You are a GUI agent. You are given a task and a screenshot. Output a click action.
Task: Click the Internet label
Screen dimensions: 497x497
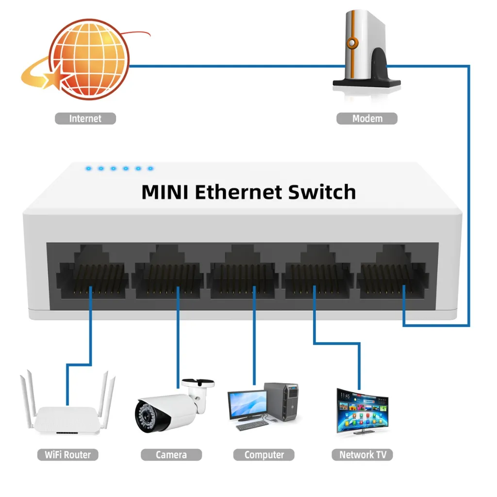[x=85, y=118]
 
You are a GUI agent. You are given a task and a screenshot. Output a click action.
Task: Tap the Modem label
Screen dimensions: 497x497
[x=367, y=118]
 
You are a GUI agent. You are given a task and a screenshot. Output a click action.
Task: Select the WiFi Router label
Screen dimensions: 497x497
[x=68, y=455]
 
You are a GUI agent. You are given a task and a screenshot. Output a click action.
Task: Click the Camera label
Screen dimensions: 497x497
[x=171, y=455]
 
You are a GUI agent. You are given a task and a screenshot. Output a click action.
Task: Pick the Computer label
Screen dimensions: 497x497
[x=264, y=455]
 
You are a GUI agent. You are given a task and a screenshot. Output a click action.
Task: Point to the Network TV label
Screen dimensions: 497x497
[x=363, y=455]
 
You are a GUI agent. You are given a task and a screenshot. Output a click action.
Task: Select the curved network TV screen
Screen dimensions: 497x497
[x=363, y=412]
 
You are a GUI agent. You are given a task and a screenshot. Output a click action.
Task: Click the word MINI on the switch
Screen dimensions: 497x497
[x=165, y=192]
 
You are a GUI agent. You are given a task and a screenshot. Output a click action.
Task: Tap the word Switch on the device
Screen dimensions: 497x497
[x=322, y=192]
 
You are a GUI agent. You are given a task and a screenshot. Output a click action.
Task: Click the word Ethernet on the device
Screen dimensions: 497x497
[x=238, y=192]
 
